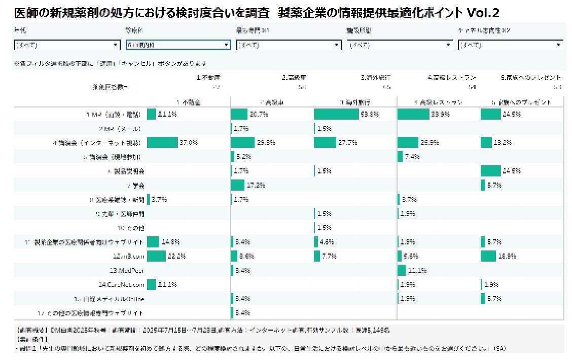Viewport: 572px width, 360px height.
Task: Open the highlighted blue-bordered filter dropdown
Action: pos(178,45)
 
